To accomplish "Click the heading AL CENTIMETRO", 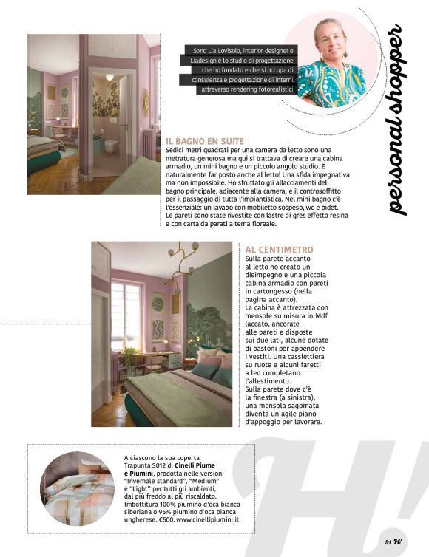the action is click(279, 250).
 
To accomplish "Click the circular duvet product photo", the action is click(77, 490).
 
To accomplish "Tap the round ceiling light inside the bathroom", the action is click(109, 76).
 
